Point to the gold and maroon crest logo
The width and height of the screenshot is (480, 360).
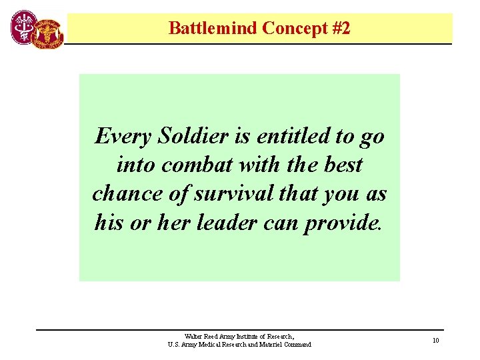(x=50, y=31)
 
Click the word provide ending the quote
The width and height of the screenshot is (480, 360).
(x=342, y=222)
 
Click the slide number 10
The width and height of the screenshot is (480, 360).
(x=435, y=341)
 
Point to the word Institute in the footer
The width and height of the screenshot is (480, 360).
(x=247, y=337)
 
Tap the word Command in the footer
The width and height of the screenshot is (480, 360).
(x=297, y=345)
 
